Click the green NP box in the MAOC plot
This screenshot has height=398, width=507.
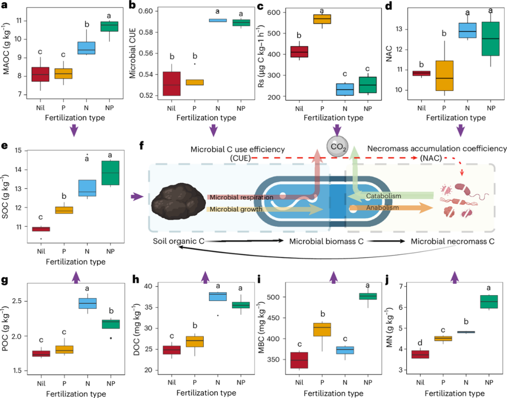point(109,26)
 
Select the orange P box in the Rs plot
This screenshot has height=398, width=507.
point(322,19)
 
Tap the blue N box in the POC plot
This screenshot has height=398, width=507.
point(87,304)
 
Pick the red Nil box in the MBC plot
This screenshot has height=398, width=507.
point(299,360)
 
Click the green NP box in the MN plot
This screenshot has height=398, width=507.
point(489,302)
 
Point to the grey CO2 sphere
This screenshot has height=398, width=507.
point(337,147)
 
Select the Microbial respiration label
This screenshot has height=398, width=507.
point(241,197)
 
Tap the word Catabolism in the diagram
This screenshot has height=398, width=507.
point(383,196)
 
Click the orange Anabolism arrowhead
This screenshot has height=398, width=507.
point(426,208)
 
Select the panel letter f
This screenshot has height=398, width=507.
point(142,146)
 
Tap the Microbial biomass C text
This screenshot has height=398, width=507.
point(326,241)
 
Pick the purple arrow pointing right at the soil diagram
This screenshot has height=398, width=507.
point(137,197)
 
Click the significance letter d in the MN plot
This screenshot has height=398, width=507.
point(420,342)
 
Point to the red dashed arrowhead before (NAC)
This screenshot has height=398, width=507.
point(415,158)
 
